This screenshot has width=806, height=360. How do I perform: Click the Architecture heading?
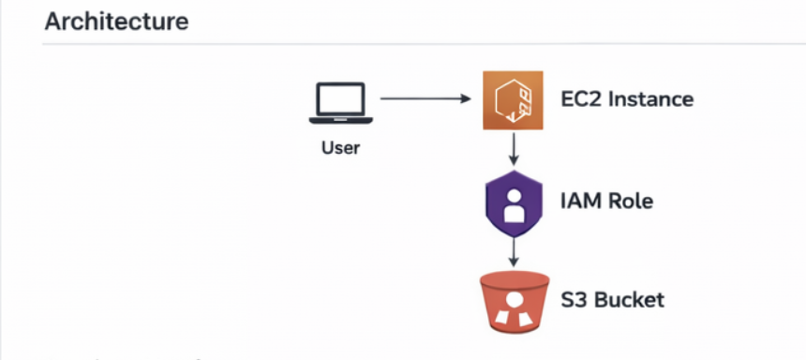click(x=117, y=22)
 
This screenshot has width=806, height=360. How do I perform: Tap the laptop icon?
click(x=341, y=103)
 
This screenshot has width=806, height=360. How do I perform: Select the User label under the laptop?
click(x=341, y=148)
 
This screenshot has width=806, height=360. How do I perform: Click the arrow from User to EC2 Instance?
click(x=425, y=98)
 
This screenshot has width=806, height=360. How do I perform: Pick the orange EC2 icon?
click(x=513, y=100)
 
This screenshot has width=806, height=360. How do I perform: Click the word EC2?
click(x=581, y=98)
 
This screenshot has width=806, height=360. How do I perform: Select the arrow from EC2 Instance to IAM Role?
click(x=513, y=149)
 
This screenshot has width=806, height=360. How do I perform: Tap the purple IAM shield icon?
click(x=514, y=203)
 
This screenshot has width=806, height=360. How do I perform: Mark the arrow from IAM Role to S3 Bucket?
click(x=513, y=252)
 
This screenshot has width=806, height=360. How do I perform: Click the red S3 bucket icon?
click(x=514, y=302)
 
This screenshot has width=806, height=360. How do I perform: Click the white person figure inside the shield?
click(x=514, y=204)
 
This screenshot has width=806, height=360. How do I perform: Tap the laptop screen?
click(x=341, y=99)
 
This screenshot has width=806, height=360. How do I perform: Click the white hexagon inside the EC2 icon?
click(x=510, y=100)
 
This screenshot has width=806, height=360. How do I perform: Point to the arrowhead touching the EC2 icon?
click(x=466, y=98)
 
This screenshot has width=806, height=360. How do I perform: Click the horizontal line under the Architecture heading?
click(x=424, y=44)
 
